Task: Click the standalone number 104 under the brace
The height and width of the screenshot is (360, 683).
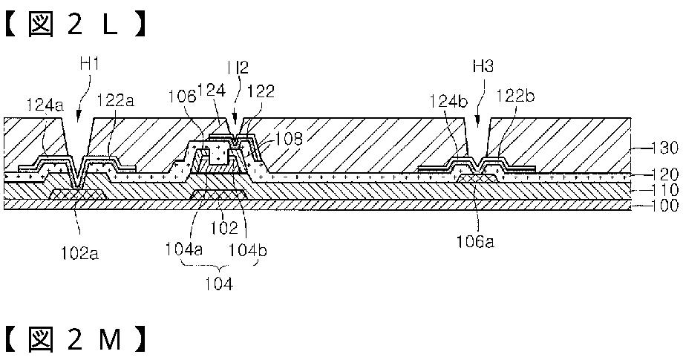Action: [x=218, y=283]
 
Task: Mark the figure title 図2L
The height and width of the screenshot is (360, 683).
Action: [x=74, y=25]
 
